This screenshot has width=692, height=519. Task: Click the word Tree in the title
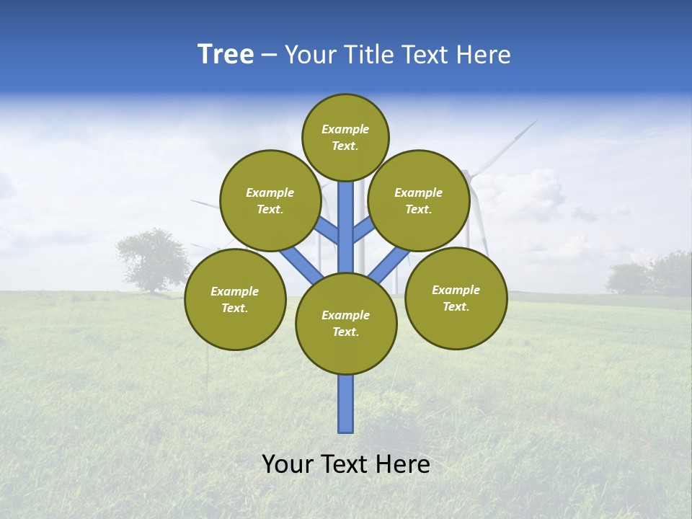[226, 55]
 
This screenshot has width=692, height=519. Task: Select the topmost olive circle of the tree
[345, 137]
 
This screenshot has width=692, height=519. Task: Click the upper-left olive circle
[270, 200]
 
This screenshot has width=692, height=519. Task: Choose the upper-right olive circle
[419, 200]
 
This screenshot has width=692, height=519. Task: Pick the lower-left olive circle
[235, 299]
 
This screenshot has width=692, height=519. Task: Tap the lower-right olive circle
[456, 298]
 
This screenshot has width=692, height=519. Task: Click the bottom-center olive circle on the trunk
[346, 324]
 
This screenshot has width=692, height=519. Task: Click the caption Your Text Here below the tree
[345, 464]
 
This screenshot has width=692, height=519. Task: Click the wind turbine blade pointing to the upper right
[507, 143]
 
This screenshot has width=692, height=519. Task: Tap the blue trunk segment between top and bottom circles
[346, 227]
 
